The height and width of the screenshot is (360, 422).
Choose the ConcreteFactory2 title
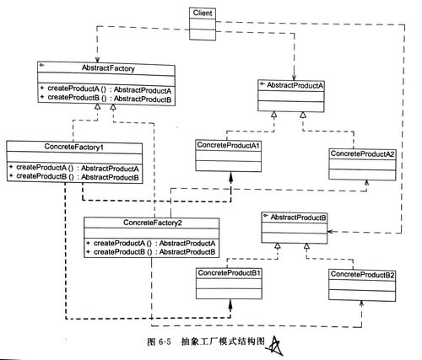point(152,223)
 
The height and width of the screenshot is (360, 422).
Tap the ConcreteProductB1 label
point(230,274)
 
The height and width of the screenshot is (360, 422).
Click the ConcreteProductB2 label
point(362,275)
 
